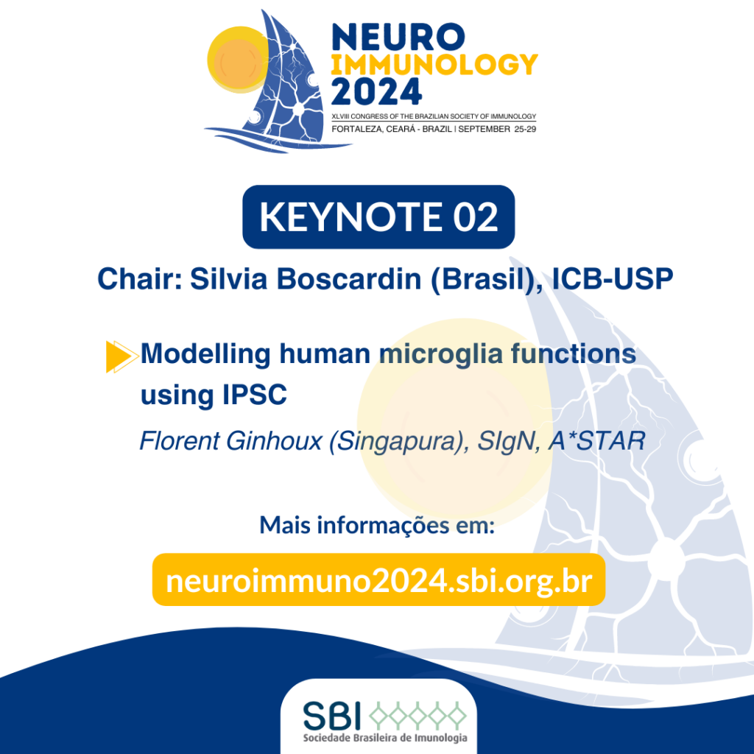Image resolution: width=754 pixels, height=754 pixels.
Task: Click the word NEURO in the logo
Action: [x=398, y=37]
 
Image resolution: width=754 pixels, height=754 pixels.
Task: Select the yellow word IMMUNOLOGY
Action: [x=434, y=65]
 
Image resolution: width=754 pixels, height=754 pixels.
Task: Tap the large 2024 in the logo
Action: [x=376, y=92]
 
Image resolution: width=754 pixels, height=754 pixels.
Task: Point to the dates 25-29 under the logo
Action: [x=525, y=129]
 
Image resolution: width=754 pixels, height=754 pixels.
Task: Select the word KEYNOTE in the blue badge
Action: [x=350, y=217]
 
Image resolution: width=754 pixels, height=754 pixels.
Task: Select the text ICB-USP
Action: [x=612, y=278]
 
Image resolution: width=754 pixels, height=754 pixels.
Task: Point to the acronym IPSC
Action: [x=254, y=395]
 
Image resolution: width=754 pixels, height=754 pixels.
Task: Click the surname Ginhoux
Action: [x=274, y=441]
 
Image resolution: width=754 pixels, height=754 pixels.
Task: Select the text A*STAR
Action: [x=596, y=441]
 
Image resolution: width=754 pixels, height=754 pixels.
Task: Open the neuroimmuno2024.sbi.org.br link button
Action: [x=378, y=580]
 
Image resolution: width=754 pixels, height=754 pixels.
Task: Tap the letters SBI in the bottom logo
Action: [x=332, y=716]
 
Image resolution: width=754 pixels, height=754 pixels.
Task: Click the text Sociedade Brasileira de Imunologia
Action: [x=384, y=738]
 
